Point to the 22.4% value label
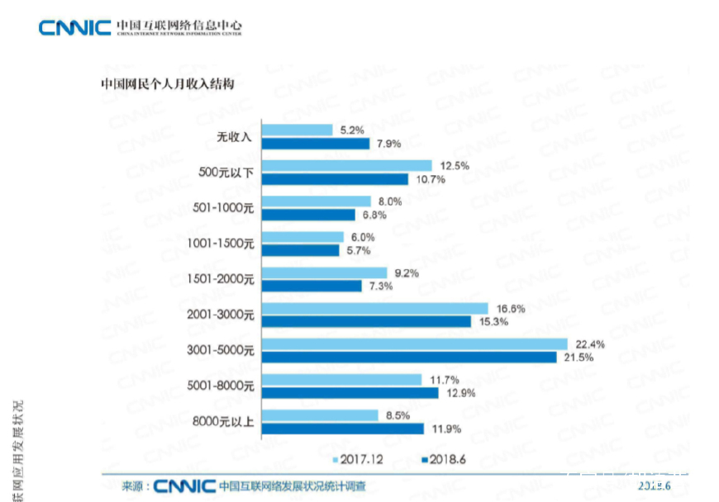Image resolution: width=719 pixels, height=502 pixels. [x=585, y=343]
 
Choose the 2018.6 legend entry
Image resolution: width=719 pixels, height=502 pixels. [x=444, y=458]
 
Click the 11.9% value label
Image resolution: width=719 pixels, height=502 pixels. [x=441, y=429]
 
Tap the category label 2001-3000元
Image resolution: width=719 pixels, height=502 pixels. [x=221, y=315]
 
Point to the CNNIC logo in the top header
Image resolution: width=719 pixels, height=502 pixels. [x=74, y=28]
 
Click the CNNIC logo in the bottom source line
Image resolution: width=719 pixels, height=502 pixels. [x=184, y=485]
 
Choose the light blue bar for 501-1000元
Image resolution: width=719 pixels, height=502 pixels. [x=317, y=201]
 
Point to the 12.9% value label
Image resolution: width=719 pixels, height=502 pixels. [x=456, y=392]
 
